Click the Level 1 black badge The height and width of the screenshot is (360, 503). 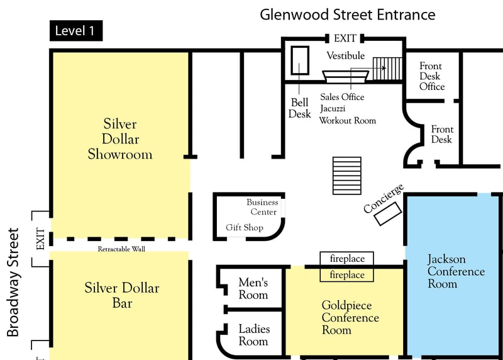(x=76, y=30)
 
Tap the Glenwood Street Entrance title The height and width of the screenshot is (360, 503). (x=348, y=14)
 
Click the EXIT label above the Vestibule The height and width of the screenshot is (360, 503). (x=345, y=39)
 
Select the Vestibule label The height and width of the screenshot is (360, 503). (x=345, y=55)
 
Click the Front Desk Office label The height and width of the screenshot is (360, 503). (x=431, y=76)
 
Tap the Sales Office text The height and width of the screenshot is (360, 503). (x=342, y=97)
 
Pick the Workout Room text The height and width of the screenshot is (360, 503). (x=347, y=120)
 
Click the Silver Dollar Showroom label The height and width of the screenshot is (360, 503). (x=120, y=138)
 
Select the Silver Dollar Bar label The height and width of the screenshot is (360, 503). (x=122, y=295)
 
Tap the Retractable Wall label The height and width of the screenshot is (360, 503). (x=122, y=249)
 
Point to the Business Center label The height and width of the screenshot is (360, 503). (x=262, y=207)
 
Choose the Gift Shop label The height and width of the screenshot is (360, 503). (x=244, y=227)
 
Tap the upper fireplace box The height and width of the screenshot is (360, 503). (x=347, y=258)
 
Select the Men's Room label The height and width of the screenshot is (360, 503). (x=253, y=289)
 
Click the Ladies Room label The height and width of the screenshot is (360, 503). (x=253, y=335)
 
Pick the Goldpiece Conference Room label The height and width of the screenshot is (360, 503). (x=350, y=317)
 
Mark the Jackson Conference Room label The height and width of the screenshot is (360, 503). (x=456, y=271)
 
